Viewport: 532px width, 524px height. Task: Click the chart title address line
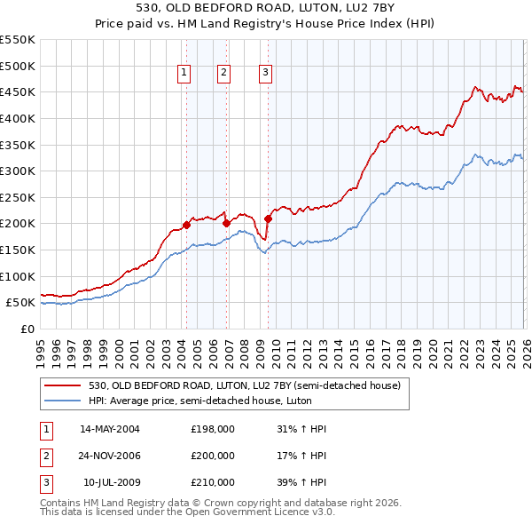coord(266,9)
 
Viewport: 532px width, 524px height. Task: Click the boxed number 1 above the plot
coord(184,74)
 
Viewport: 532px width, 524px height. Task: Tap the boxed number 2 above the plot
coord(223,74)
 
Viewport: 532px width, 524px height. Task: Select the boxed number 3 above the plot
coord(265,74)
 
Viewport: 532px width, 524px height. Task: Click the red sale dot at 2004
coord(186,225)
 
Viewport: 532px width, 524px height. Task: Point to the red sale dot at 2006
coord(226,223)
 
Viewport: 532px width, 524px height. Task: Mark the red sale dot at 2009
coord(268,218)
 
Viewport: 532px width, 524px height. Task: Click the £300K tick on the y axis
coord(18,171)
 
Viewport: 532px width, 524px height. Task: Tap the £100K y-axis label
coord(18,276)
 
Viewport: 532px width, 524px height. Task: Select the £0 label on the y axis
coord(27,329)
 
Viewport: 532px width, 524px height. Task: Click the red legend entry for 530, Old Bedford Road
coord(245,385)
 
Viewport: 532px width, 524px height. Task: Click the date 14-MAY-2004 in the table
coord(110,429)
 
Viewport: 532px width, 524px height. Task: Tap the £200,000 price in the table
coord(213,456)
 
